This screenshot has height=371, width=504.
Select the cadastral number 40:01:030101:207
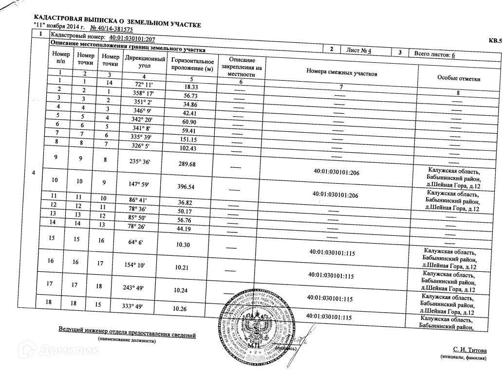coord(132,38)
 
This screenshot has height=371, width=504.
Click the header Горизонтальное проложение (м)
coord(193,65)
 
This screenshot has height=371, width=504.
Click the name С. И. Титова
coord(470,350)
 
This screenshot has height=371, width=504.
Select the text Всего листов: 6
coord(434,55)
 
